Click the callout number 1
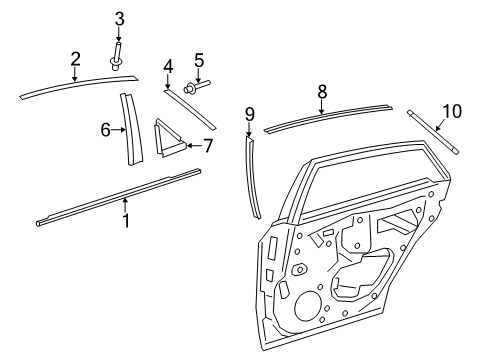[125, 220]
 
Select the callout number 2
[74, 59]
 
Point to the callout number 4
[168, 66]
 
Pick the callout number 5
[198, 59]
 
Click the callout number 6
[105, 130]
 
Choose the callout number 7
[208, 145]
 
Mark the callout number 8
[321, 91]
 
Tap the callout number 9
[249, 113]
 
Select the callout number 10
[451, 109]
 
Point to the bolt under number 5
[196, 86]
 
